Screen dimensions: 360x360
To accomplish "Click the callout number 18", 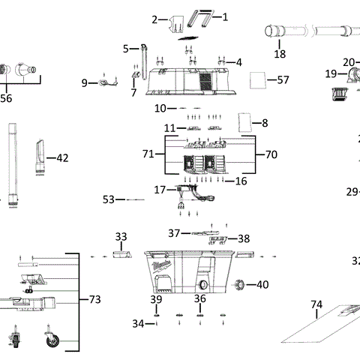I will click(x=280, y=54).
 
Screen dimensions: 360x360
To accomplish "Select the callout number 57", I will click(x=283, y=79).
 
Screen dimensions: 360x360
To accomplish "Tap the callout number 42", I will click(x=62, y=157).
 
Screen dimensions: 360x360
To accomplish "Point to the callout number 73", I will click(x=94, y=300).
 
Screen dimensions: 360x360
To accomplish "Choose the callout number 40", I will click(x=262, y=284).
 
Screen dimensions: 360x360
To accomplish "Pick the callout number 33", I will click(x=121, y=236).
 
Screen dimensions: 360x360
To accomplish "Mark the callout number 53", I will click(x=109, y=199).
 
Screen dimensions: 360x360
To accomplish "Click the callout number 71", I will click(x=148, y=154).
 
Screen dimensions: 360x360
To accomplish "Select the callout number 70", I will click(x=271, y=154).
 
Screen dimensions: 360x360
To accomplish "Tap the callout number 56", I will click(x=6, y=97).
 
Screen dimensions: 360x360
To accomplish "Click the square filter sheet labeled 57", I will click(x=258, y=79).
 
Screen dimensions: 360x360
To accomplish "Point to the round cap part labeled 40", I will click(x=241, y=284).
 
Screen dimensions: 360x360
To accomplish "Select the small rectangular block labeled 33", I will click(x=121, y=255).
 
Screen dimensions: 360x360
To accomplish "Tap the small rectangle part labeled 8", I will click(x=243, y=121).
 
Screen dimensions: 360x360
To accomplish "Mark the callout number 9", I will click(x=85, y=82).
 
